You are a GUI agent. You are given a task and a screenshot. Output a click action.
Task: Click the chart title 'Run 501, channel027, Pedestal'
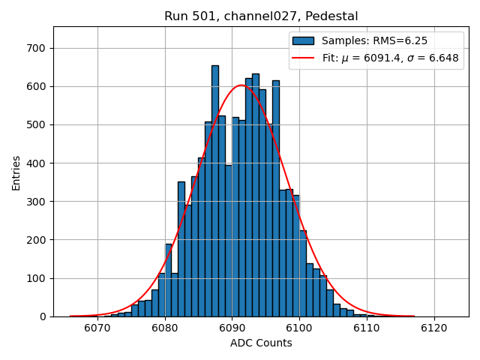pyautogui.click(x=261, y=16)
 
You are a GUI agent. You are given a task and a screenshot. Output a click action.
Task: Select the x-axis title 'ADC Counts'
pyautogui.click(x=261, y=343)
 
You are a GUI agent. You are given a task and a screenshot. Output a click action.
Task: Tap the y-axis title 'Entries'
pyautogui.click(x=16, y=172)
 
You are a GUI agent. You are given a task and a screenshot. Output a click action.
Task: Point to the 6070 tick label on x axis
pyautogui.click(x=97, y=328)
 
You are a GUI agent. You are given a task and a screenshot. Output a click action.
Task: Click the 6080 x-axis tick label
pyautogui.click(x=164, y=328)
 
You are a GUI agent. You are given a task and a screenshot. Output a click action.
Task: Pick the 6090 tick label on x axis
pyautogui.click(x=231, y=328)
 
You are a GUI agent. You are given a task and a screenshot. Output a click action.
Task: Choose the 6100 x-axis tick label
pyautogui.click(x=298, y=328)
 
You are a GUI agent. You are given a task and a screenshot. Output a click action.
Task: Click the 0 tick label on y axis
pyautogui.click(x=43, y=316)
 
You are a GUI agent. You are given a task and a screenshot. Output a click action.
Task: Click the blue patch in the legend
pyautogui.click(x=303, y=40)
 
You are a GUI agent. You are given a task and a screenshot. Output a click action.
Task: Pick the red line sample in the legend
pyautogui.click(x=303, y=58)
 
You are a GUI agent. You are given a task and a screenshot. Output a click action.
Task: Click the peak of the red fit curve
pyautogui.click(x=241, y=85)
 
